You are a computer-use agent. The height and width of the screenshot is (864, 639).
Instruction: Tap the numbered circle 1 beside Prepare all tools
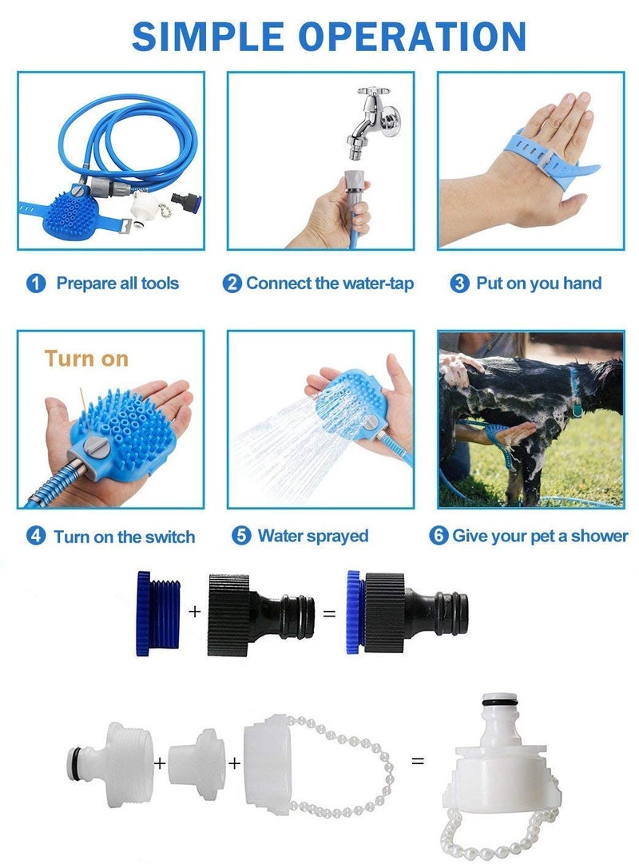click(35, 283)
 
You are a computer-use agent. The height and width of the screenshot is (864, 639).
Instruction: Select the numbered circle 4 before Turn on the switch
click(35, 536)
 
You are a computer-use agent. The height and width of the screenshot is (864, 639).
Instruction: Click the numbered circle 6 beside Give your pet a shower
click(439, 535)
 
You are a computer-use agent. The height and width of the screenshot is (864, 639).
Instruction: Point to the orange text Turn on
click(86, 359)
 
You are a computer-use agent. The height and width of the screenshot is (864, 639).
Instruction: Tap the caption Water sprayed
click(312, 536)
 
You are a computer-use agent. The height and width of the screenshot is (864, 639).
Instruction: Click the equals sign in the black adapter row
click(328, 614)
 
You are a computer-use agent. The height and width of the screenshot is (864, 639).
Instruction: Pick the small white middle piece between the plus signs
click(196, 763)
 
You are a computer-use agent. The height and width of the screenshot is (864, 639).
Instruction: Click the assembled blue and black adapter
click(407, 613)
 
